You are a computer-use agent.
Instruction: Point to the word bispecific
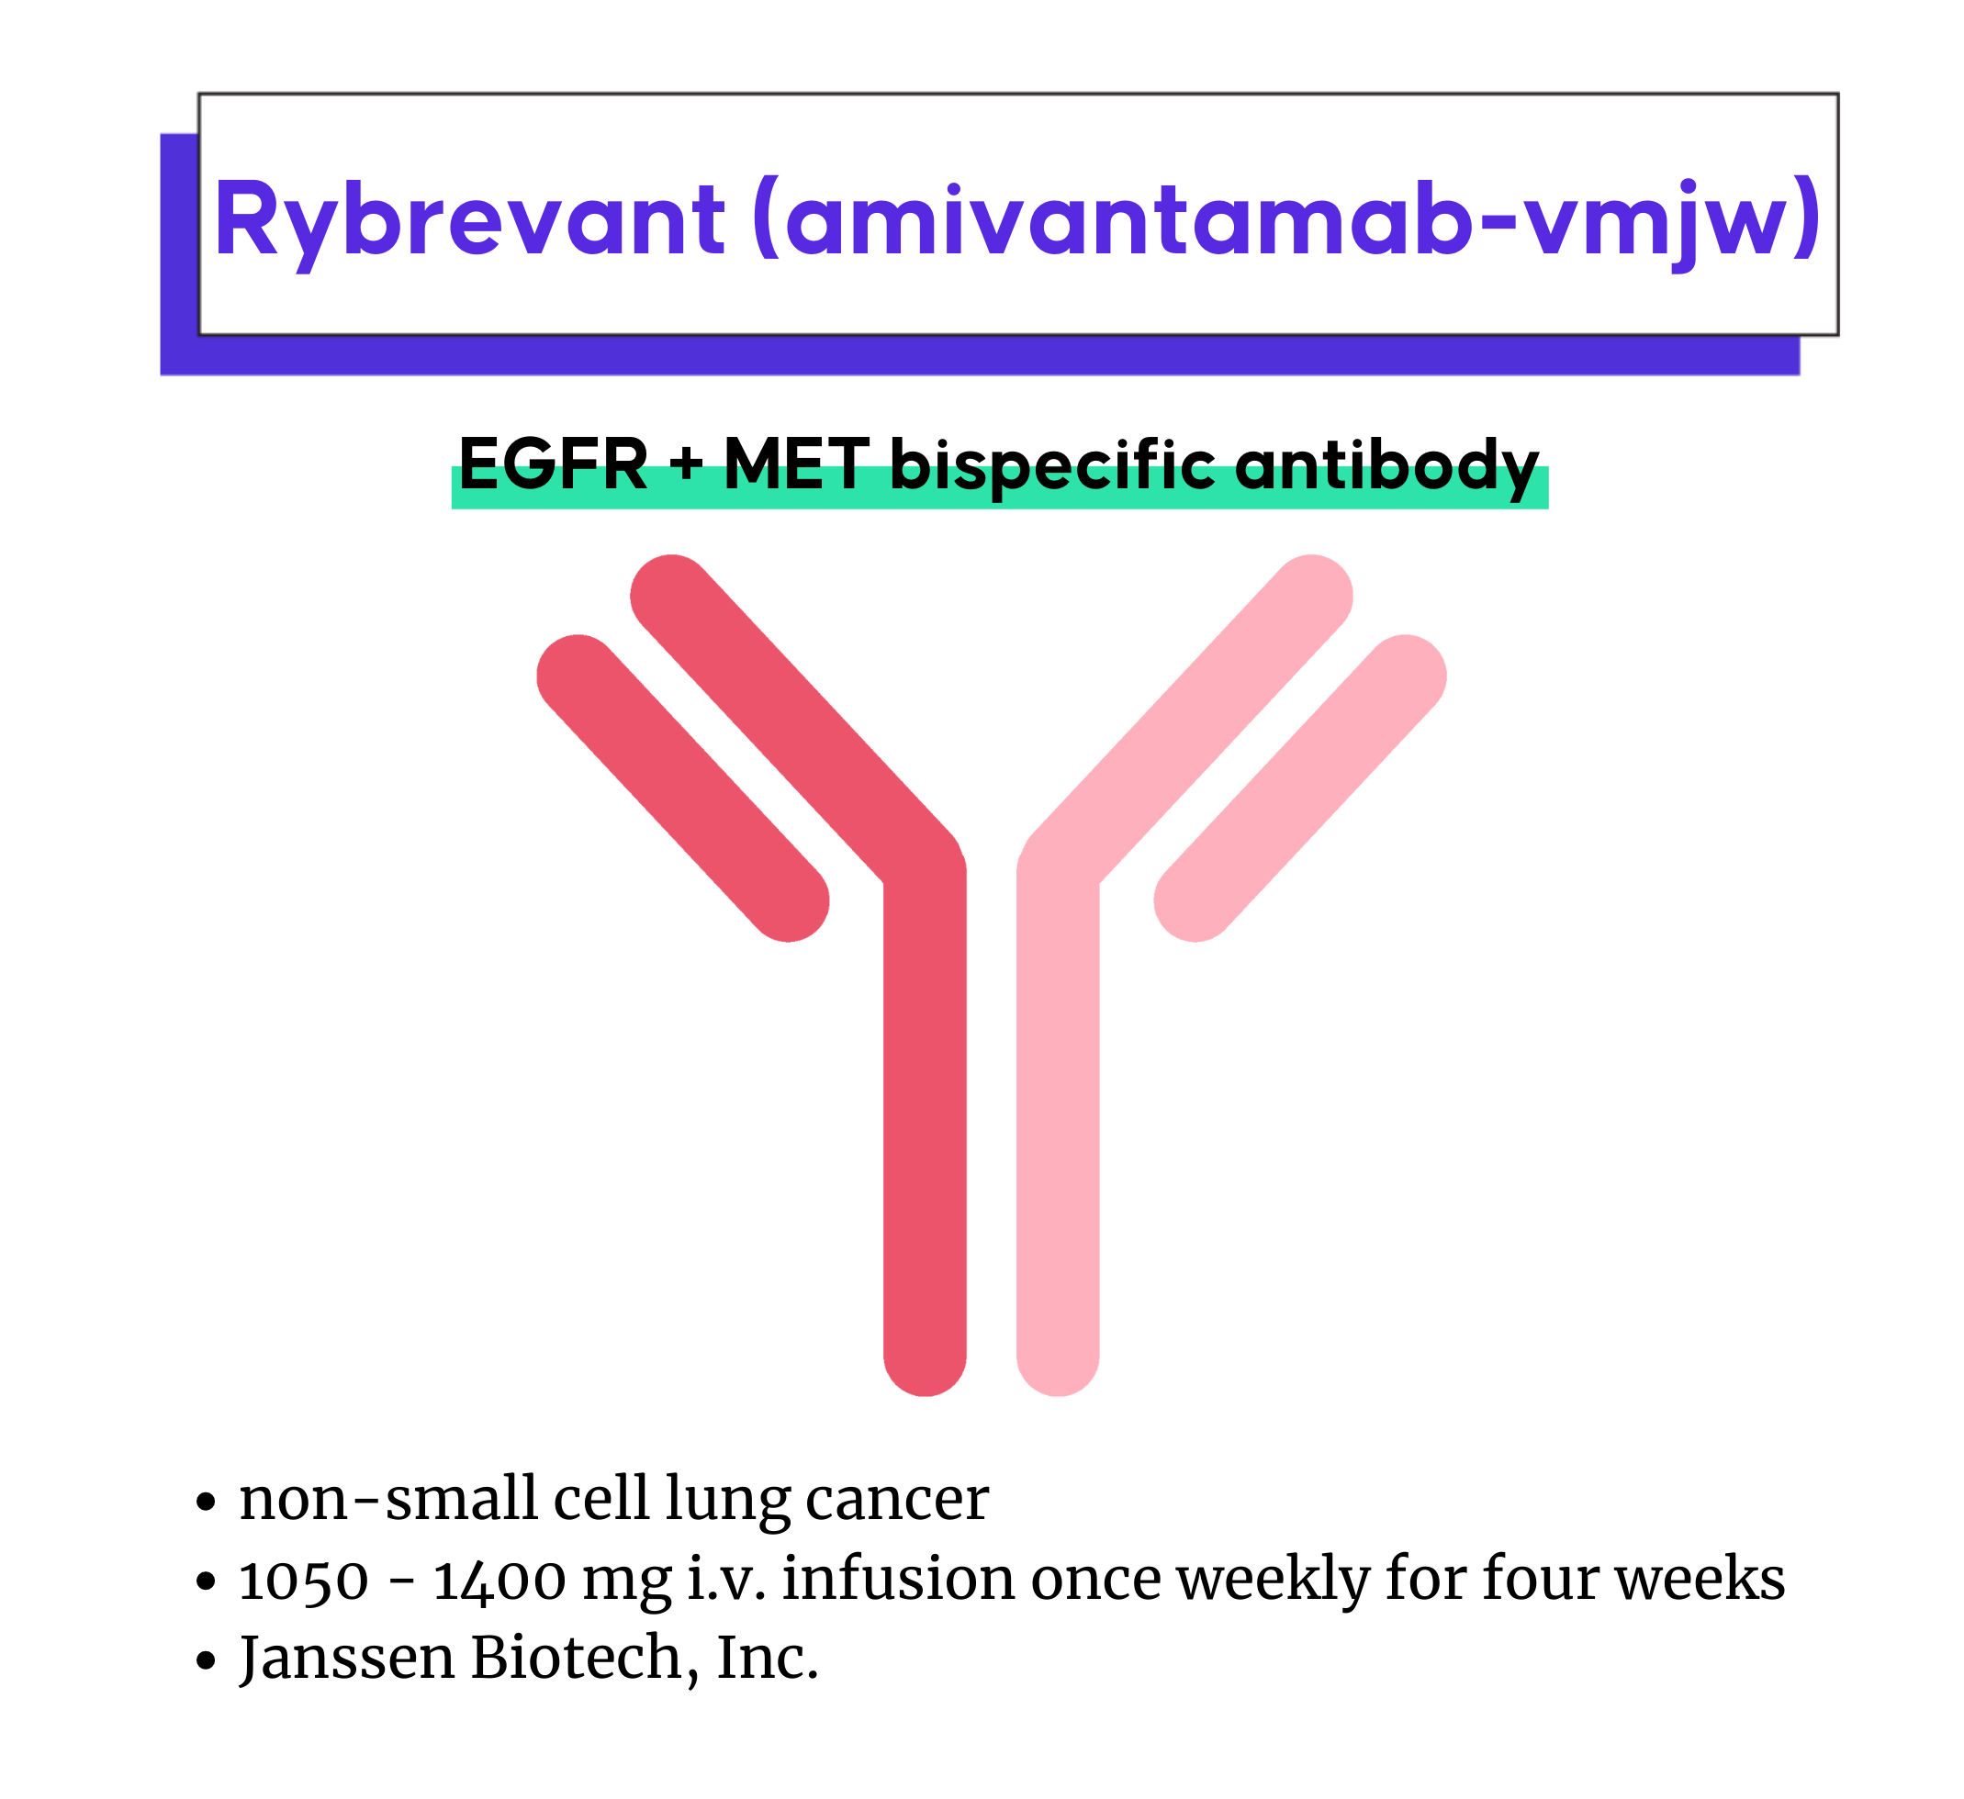pyautogui.click(x=1053, y=466)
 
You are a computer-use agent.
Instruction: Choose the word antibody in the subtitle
pyautogui.click(x=1387, y=466)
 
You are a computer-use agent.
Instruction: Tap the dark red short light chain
pyautogui.click(x=683, y=788)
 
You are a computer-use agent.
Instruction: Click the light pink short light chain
pyautogui.click(x=1300, y=788)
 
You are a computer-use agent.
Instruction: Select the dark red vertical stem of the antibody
pyautogui.click(x=926, y=1120)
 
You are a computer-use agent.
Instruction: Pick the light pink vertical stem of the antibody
pyautogui.click(x=1058, y=1120)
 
